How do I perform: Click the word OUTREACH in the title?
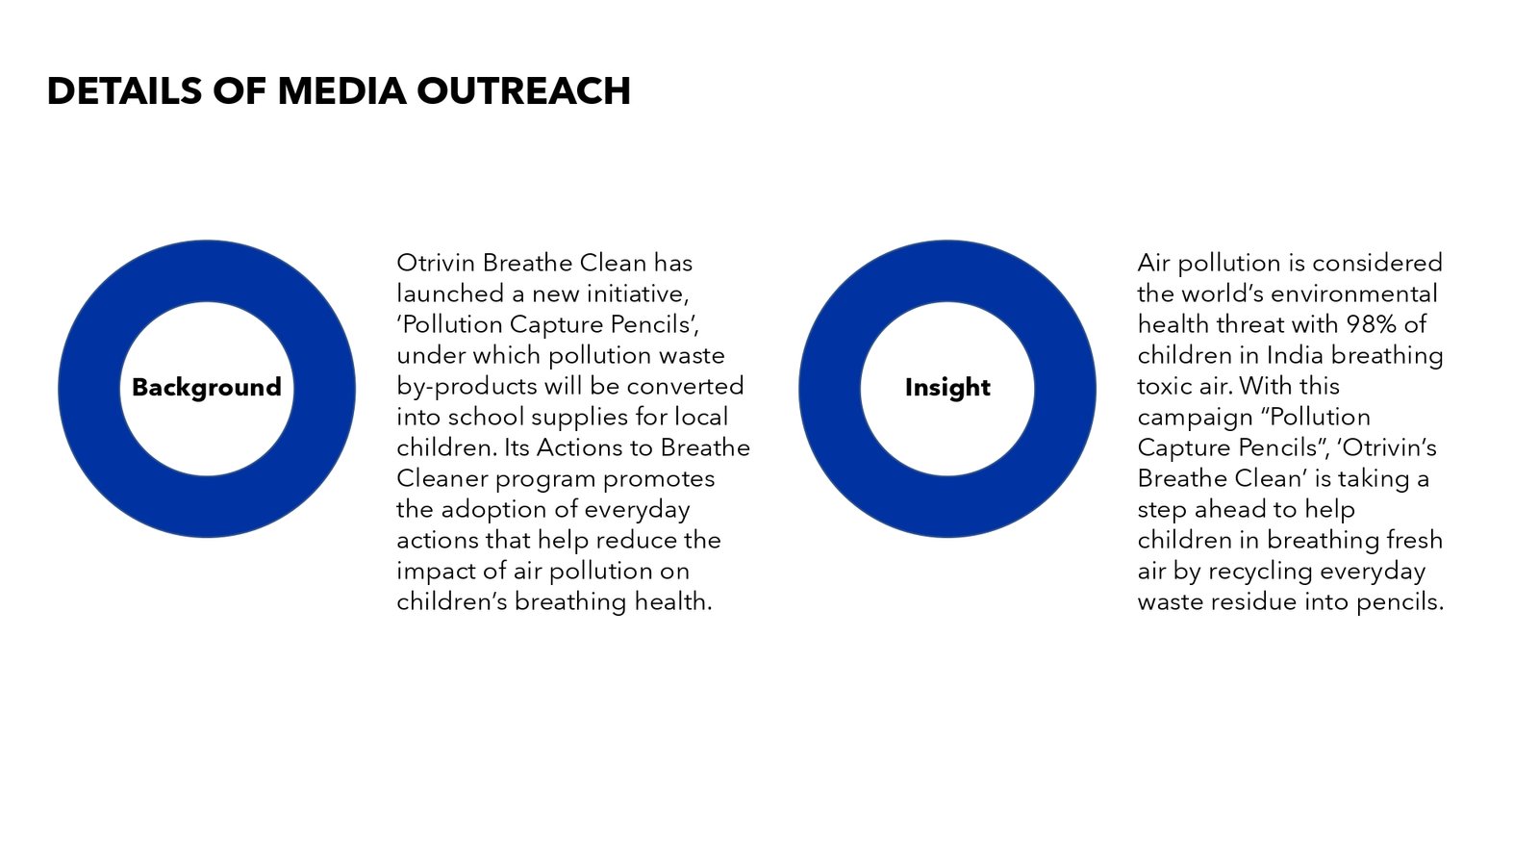(x=523, y=90)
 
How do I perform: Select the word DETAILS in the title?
(x=124, y=90)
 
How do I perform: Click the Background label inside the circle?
(x=206, y=388)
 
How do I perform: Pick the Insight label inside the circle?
(x=947, y=388)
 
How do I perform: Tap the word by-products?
(x=467, y=387)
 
